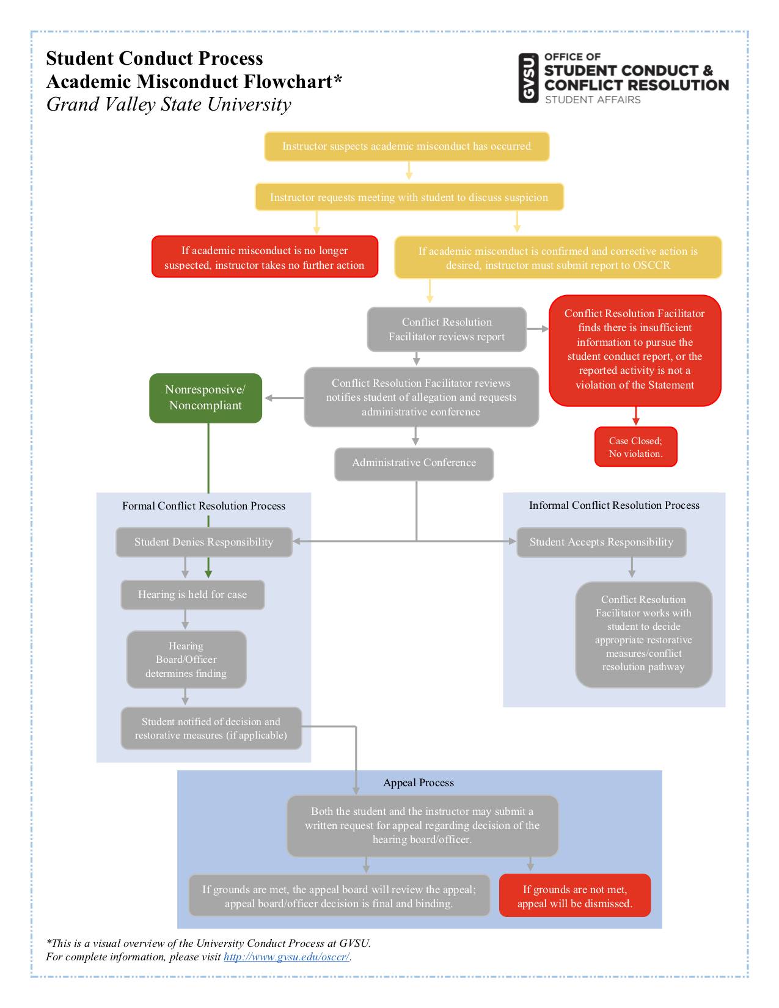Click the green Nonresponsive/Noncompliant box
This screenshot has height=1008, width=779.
(205, 398)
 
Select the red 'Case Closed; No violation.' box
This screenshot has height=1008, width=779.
(635, 447)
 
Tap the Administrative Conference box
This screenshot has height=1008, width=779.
(414, 463)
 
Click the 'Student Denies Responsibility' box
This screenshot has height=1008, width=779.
(203, 542)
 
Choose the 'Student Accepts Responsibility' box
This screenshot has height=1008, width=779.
(601, 542)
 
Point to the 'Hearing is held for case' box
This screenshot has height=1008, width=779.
(192, 595)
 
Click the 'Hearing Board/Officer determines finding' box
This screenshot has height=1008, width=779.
(186, 660)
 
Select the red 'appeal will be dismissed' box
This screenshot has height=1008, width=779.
(574, 896)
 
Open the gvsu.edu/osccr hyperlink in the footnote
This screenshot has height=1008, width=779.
(286, 957)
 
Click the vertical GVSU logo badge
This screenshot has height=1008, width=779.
(528, 78)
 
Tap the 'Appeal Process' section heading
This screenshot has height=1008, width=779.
(419, 783)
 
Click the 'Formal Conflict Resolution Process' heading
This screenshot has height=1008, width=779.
(203, 506)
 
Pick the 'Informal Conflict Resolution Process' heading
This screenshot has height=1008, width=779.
(614, 506)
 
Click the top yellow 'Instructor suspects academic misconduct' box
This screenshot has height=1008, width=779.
(406, 147)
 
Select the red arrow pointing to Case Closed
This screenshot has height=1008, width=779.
(635, 417)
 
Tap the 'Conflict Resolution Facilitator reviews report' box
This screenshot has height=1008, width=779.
(447, 330)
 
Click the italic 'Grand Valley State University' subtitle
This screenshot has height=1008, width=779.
(169, 105)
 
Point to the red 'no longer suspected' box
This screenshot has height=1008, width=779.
(265, 258)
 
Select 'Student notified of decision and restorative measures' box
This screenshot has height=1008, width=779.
(211, 729)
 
